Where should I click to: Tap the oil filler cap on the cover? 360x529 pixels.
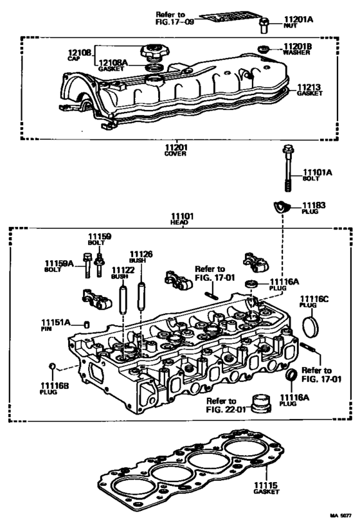tap(154, 51)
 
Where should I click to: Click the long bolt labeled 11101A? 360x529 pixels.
tap(287, 169)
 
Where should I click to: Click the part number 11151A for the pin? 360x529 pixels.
tap(56, 322)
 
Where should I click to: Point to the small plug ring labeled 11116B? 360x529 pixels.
tap(53, 367)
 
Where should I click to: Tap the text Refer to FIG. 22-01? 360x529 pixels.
tap(226, 404)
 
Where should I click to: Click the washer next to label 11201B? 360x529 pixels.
tap(263, 49)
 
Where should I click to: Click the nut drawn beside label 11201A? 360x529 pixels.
tap(262, 25)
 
